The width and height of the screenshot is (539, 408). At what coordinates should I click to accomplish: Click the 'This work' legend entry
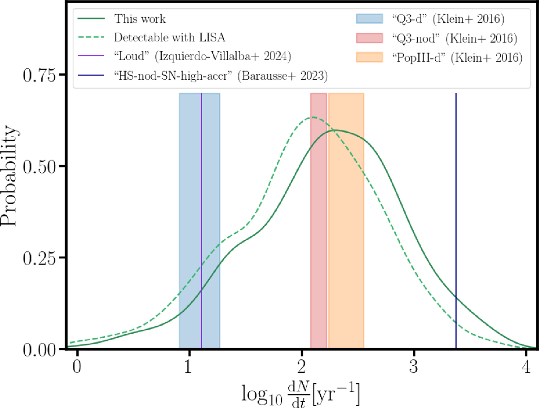(133, 19)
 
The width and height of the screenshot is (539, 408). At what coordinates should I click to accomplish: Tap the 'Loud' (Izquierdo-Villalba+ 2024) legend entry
(200, 58)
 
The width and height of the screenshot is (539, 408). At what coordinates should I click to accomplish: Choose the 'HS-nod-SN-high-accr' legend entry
(221, 76)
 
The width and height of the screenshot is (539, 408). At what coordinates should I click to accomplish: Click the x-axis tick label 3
(414, 363)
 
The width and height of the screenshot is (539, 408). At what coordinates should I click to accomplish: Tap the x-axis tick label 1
(189, 363)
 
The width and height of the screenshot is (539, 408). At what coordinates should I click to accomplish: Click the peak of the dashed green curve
(313, 117)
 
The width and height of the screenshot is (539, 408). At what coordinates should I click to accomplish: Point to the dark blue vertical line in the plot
(456, 202)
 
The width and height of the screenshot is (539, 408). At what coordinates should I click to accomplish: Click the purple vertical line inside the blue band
(201, 202)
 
